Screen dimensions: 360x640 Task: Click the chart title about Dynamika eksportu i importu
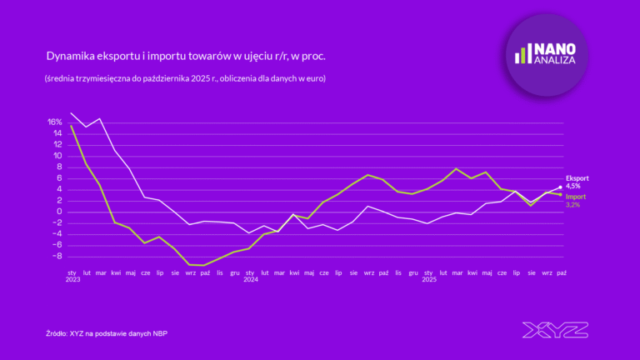[185, 57]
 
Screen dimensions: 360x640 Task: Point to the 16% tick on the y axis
[55, 122]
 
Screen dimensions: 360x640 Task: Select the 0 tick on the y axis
[60, 212]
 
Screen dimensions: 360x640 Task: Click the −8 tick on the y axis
[57, 256]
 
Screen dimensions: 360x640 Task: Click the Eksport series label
[577, 178]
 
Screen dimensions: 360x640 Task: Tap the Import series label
[576, 196]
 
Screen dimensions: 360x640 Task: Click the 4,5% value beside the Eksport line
[574, 186]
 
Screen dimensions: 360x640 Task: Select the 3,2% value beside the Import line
[574, 203]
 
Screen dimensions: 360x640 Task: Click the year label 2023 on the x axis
[72, 279]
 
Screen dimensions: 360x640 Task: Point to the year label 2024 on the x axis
[250, 279]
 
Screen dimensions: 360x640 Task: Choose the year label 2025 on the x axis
[428, 279]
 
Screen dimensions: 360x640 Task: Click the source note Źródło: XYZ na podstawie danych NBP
[112, 333]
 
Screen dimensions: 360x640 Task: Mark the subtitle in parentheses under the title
[185, 78]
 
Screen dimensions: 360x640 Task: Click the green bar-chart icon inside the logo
[522, 54]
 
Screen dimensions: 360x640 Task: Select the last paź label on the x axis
[562, 272]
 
